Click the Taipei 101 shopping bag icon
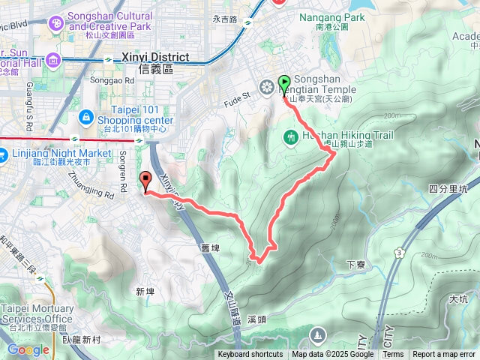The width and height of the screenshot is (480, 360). tap(88, 117)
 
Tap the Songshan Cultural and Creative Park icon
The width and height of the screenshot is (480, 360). tap(57, 25)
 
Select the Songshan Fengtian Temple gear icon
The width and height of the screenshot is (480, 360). tap(266, 87)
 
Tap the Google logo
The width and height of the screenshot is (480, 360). tap(28, 349)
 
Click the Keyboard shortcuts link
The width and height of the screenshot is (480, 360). tap(250, 355)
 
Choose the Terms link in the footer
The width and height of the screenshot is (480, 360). tap(393, 355)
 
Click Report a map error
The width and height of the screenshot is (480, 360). tap(445, 355)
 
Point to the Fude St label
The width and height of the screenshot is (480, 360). tap(238, 97)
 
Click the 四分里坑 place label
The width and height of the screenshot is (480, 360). tap(447, 189)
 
